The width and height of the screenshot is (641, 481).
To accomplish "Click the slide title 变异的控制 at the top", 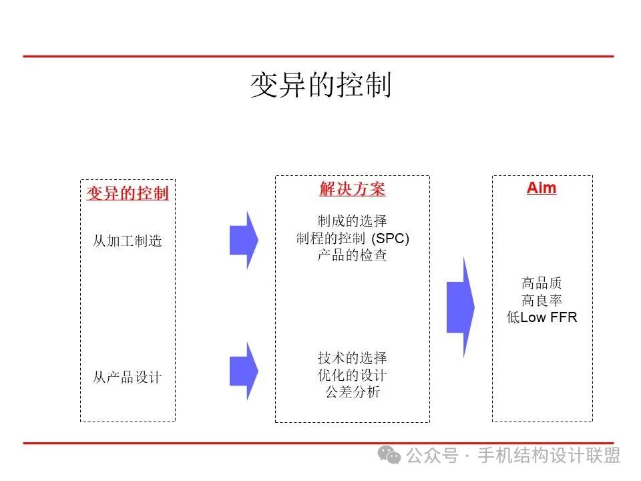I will tap(320, 86).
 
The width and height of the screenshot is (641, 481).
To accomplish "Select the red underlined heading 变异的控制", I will tap(128, 194).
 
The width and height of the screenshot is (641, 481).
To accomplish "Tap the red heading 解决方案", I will tap(352, 189).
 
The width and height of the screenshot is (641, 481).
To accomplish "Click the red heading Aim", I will tap(542, 188).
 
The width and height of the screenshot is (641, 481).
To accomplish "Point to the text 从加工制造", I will tap(128, 241).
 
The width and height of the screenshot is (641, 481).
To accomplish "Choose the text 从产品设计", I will tap(128, 377).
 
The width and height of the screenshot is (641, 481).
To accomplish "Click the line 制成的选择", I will tap(352, 221).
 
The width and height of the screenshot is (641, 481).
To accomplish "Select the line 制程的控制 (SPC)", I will tap(352, 238).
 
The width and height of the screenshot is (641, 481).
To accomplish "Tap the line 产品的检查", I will tap(352, 255).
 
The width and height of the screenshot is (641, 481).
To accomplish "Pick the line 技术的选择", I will tap(352, 357).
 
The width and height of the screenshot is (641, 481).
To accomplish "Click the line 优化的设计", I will tap(352, 375).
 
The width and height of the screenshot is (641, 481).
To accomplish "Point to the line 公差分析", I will tap(352, 392).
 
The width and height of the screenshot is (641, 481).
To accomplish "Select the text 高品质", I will tap(542, 283).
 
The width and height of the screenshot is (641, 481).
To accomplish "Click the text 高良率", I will tap(542, 301).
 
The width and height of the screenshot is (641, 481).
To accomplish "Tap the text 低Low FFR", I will tap(542, 318).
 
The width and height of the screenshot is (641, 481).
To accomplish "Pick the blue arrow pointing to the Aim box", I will tap(460, 307).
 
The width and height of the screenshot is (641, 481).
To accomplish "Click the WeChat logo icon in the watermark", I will tap(389, 455).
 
